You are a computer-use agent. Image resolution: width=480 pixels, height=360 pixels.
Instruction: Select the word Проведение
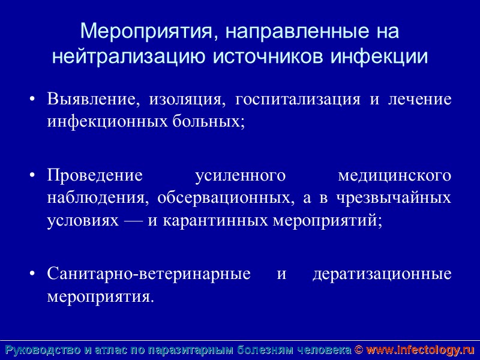(x=95, y=176)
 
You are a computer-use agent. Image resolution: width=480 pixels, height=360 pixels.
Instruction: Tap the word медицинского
(x=395, y=176)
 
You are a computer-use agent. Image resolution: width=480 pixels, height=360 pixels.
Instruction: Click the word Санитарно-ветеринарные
(x=149, y=274)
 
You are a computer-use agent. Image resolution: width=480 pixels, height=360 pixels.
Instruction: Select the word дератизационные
(x=382, y=274)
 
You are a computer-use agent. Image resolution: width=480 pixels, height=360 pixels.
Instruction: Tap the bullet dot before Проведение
(x=34, y=176)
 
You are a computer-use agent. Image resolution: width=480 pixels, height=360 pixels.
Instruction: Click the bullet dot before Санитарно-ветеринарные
(x=34, y=275)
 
